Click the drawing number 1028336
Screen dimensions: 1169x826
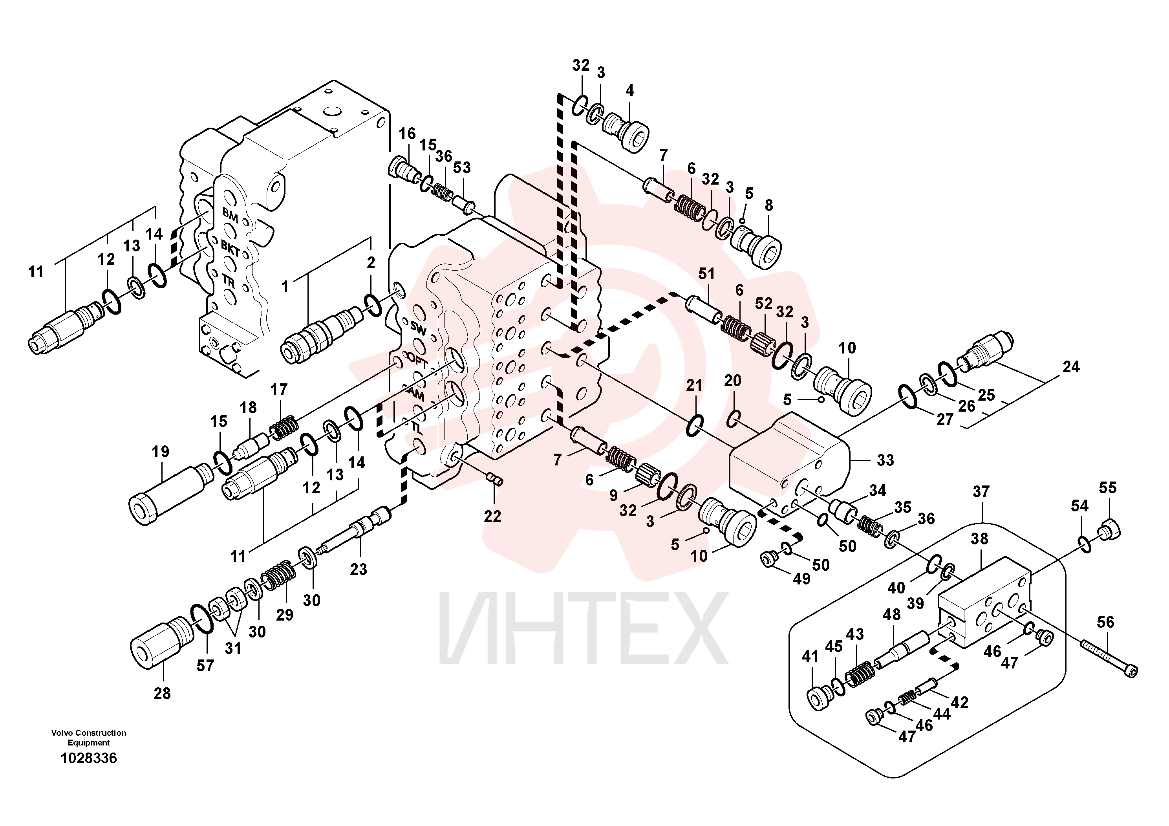[89, 758]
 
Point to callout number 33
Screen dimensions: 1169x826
[885, 460]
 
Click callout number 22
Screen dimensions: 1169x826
[492, 516]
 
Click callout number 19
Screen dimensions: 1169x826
[160, 451]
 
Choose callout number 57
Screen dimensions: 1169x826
[205, 666]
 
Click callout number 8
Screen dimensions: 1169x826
[769, 205]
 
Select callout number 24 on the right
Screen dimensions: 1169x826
[1071, 367]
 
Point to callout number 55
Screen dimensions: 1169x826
[1108, 487]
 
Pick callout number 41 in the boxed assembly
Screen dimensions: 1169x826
[810, 656]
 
